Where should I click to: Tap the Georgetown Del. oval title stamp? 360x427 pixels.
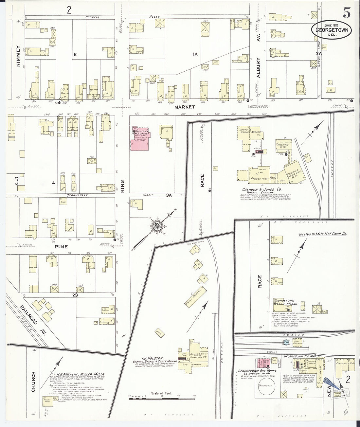pos(331,29)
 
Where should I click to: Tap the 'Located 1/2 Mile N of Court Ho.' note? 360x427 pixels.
pos(322,234)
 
